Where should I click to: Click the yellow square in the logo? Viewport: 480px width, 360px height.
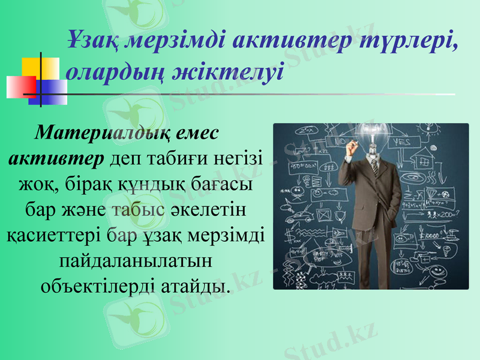pyautogui.click(x=41, y=67)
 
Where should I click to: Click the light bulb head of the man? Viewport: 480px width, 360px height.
pyautogui.click(x=372, y=133)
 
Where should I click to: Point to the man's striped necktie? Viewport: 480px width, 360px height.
pyautogui.click(x=374, y=167)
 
